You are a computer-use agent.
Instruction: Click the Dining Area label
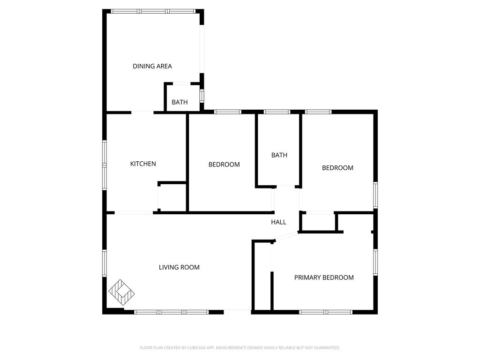(152, 66)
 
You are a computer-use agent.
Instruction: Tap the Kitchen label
(143, 164)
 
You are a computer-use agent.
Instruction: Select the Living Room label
(179, 267)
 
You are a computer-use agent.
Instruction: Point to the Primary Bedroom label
(324, 277)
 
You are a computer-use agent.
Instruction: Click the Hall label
(278, 222)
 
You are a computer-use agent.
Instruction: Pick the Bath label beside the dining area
(180, 102)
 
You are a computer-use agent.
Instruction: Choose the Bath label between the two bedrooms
(279, 155)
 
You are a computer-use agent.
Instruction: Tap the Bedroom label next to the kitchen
(224, 165)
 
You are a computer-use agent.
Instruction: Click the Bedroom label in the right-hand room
(337, 168)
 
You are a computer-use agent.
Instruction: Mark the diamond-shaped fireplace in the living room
(122, 292)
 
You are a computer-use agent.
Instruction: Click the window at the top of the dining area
(154, 11)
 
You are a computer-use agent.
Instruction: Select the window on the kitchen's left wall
(105, 165)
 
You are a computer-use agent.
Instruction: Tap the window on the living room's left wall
(105, 262)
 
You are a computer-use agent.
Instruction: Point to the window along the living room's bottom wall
(172, 312)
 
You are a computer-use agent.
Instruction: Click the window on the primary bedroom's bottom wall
(326, 312)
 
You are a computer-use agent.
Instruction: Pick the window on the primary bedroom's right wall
(375, 262)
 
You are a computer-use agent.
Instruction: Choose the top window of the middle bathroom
(277, 112)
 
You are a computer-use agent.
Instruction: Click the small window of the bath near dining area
(202, 96)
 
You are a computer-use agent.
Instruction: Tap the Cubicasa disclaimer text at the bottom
(240, 348)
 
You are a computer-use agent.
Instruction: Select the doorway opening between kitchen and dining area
(142, 112)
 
